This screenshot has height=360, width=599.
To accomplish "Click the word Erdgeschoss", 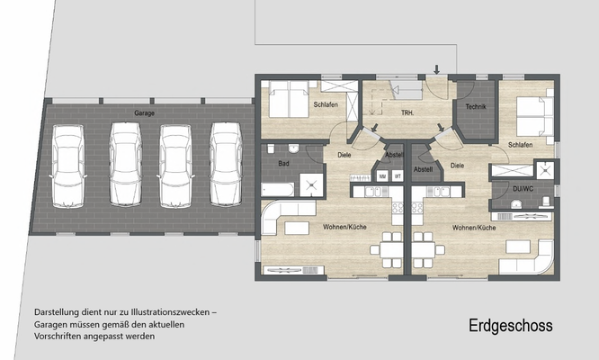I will point(510,326).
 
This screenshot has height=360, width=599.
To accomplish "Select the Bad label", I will point(283,163).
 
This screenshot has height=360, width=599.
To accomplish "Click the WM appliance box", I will point(382,175).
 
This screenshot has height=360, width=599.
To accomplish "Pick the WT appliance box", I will point(397,175).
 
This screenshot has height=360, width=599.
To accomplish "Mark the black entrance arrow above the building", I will point(436,68).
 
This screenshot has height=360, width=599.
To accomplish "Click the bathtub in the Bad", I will point(277,189).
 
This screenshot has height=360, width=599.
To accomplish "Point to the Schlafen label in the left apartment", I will point(326,106).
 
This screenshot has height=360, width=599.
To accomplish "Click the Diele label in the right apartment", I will point(457,165).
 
